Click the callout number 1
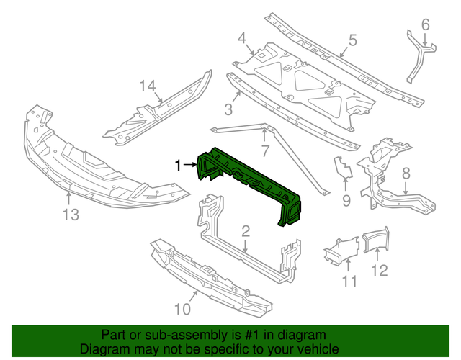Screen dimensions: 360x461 tap(178, 165)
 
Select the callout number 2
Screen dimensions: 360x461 tap(246, 231)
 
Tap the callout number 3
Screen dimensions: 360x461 tap(228, 109)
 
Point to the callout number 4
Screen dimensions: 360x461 tap(242, 37)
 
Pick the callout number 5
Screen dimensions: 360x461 tap(353, 40)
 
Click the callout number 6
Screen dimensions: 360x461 tap(425, 26)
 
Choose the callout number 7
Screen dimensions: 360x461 tap(265, 151)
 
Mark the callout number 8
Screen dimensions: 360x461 tap(406, 173)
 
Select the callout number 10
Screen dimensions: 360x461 tap(182, 310)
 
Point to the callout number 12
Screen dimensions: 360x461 tap(379, 270)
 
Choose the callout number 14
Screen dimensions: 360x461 tap(148, 86)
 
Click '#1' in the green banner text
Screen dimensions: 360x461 tap(243, 336)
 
